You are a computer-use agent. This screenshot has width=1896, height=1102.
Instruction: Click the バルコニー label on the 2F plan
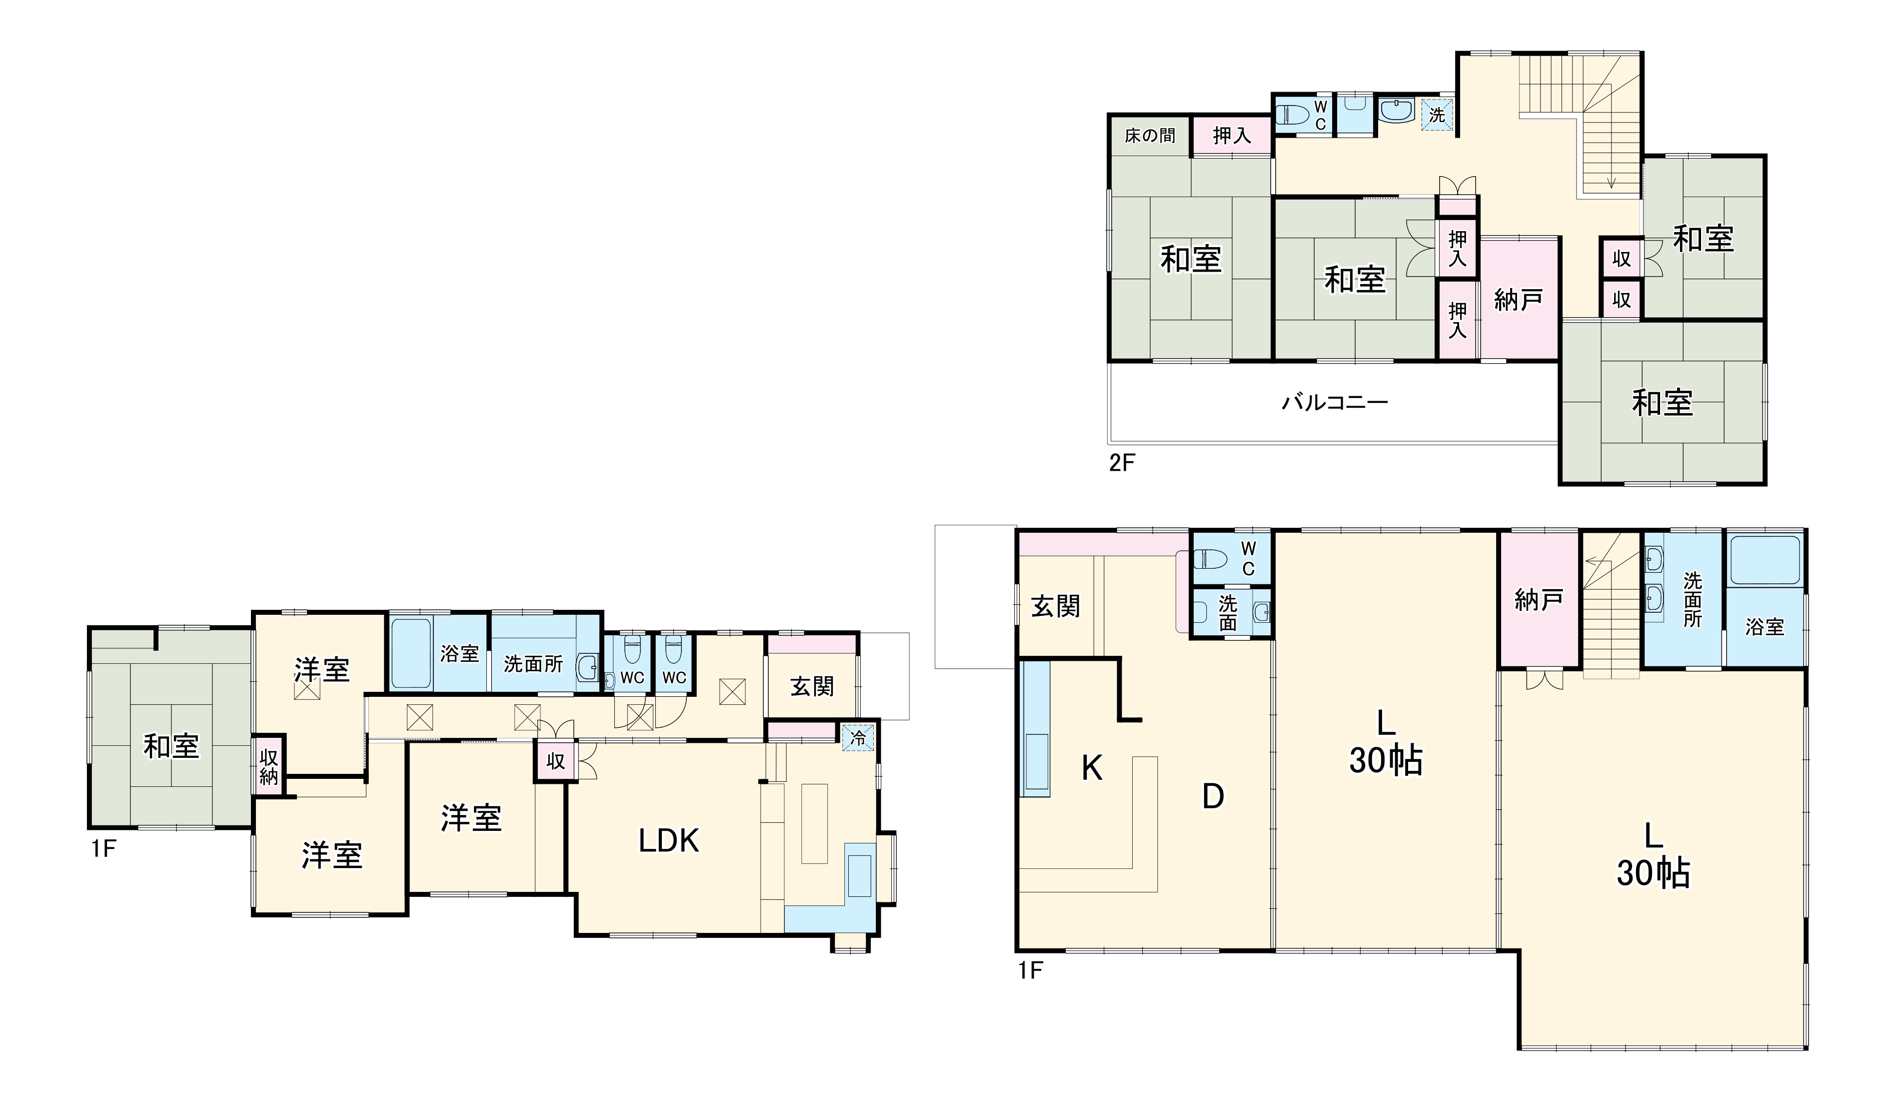(x=1335, y=403)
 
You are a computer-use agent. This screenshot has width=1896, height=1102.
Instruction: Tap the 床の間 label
(x=1150, y=136)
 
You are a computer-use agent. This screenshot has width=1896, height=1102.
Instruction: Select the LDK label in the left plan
(x=669, y=841)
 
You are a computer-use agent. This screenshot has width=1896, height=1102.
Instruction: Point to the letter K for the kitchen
(x=1092, y=768)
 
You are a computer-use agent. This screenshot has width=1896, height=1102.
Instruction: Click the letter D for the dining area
(x=1213, y=796)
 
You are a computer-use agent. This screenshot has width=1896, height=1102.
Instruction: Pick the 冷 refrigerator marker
(x=858, y=738)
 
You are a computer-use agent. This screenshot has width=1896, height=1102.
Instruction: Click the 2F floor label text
(x=1121, y=462)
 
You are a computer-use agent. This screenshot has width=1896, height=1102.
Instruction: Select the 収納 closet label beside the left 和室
(x=268, y=767)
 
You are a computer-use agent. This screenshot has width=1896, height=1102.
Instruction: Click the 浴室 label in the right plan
(x=1765, y=627)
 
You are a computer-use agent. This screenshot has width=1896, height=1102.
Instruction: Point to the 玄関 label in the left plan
(x=812, y=686)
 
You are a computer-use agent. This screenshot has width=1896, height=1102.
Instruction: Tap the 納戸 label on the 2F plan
(x=1518, y=300)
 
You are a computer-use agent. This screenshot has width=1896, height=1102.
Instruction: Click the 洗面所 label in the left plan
(x=533, y=664)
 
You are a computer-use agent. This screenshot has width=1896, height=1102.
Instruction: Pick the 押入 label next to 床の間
(x=1232, y=136)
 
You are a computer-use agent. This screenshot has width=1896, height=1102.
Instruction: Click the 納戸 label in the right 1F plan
(x=1539, y=600)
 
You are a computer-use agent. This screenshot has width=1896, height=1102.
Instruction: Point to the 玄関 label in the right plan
(x=1056, y=606)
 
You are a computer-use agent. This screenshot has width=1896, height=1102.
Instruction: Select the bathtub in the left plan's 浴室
(x=411, y=653)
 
